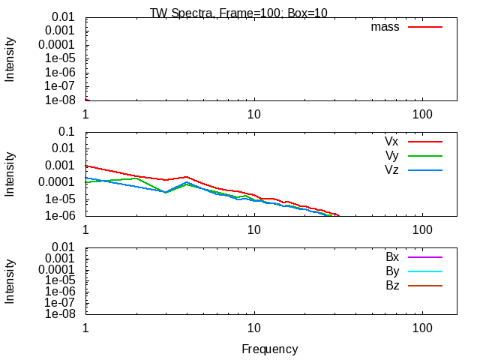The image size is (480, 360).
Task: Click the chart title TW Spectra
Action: [238, 13]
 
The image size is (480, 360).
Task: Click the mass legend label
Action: [385, 27]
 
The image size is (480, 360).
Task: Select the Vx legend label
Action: [391, 141]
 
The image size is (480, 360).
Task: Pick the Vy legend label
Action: [391, 155]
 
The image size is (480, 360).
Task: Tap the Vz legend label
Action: [391, 170]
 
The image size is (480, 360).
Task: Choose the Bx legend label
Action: [392, 257]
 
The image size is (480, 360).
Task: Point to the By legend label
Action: [392, 271]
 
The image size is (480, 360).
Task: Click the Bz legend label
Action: [392, 286]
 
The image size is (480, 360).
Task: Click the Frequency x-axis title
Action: [270, 349]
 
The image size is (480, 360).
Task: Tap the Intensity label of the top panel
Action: [10, 58]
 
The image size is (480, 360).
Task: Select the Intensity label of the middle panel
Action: [10, 174]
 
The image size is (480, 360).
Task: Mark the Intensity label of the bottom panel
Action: [10, 280]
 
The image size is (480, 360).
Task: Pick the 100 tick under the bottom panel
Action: [422, 328]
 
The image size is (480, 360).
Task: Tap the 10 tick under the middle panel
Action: [254, 229]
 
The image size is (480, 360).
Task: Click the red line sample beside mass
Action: [425, 27]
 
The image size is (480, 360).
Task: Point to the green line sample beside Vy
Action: [425, 156]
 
